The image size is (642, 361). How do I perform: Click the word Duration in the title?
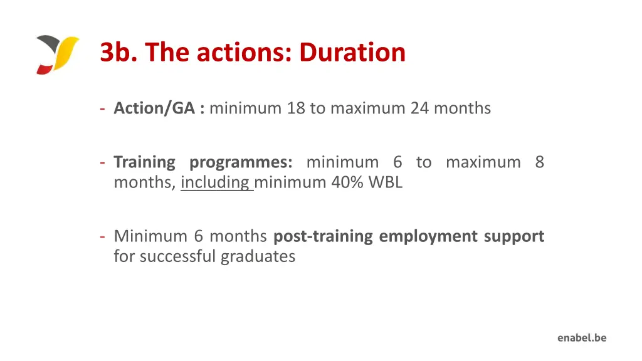point(352,52)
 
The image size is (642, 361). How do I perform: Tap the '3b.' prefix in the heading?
point(119,52)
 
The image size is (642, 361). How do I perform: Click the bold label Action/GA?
point(155,108)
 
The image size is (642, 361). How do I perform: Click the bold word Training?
point(144,162)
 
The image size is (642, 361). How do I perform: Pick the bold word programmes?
point(241,163)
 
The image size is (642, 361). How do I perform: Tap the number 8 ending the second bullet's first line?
point(539,162)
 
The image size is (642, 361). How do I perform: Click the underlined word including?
point(216,182)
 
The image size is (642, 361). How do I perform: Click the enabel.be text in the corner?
point(582,338)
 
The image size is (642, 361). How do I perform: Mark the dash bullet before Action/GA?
point(102,108)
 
